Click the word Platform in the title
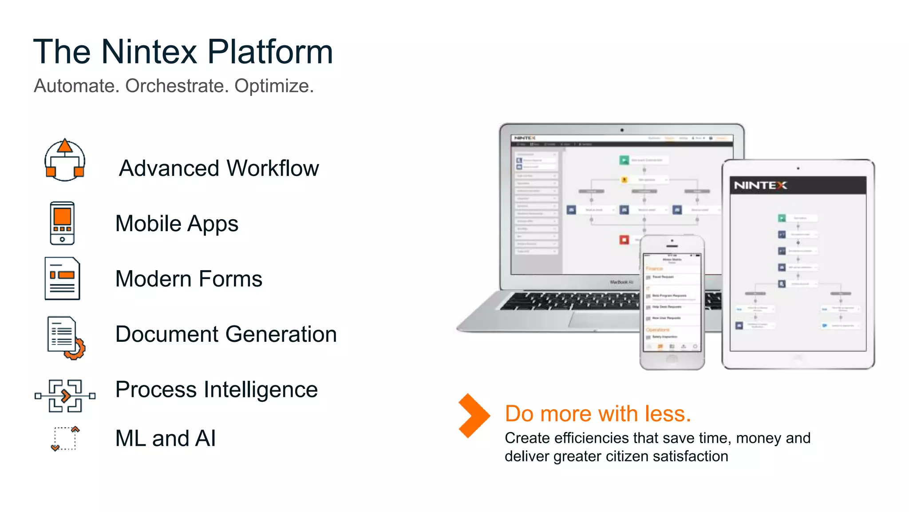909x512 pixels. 270,52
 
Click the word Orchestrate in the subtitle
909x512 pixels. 177,86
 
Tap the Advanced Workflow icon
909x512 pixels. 65,160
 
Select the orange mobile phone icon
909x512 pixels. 62,223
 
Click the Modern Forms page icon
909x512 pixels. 62,279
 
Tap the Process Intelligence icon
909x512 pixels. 65,396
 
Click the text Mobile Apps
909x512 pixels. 177,224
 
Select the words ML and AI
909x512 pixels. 165,439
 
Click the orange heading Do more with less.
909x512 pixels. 597,414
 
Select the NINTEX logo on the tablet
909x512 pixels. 760,185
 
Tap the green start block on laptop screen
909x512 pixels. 624,160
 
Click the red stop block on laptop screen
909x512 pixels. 624,240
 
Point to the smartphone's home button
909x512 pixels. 672,359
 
